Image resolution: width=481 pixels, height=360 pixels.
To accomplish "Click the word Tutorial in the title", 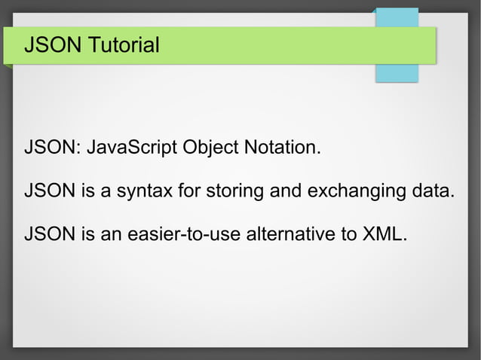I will [x=122, y=46].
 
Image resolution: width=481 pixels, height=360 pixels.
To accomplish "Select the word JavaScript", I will [x=133, y=147].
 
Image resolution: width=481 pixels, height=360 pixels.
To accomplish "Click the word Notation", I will [x=281, y=147].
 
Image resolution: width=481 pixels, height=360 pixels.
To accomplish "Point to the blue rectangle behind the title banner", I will [x=397, y=72].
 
